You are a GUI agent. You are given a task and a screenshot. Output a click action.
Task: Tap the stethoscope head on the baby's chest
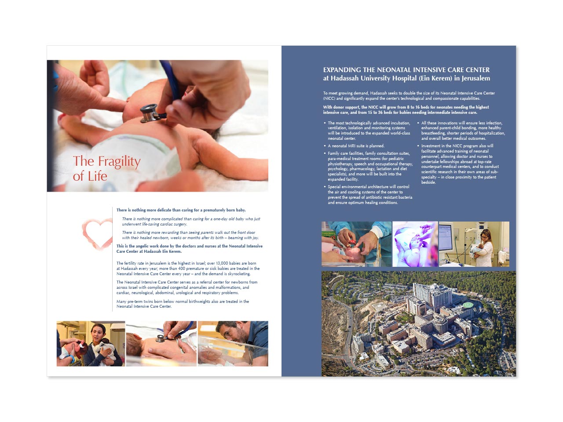pos(149,113)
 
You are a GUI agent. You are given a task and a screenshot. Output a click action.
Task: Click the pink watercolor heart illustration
pos(98,233)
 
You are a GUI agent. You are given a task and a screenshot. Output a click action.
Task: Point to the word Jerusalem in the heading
pos(475,78)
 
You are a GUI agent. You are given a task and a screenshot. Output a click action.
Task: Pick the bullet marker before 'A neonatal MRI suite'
pos(325,146)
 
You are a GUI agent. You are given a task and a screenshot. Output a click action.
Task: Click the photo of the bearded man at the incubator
pos(233,343)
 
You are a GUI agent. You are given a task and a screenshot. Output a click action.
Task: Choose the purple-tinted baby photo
pos(415,244)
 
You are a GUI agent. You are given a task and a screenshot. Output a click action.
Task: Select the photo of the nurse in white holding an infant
pos(474,244)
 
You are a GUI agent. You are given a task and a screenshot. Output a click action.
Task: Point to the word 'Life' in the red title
pos(97,176)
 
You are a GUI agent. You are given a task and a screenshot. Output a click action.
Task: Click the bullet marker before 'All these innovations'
pos(418,123)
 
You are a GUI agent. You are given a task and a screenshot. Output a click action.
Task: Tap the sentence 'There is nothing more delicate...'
pos(181,210)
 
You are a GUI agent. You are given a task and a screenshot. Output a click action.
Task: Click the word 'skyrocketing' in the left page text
pos(238,274)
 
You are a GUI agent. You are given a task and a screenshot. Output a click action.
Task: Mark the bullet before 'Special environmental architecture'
pos(325,187)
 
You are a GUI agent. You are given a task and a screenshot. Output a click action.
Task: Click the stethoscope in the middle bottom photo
pos(160,338)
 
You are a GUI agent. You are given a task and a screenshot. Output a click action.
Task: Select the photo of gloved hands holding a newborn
pos(356,244)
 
